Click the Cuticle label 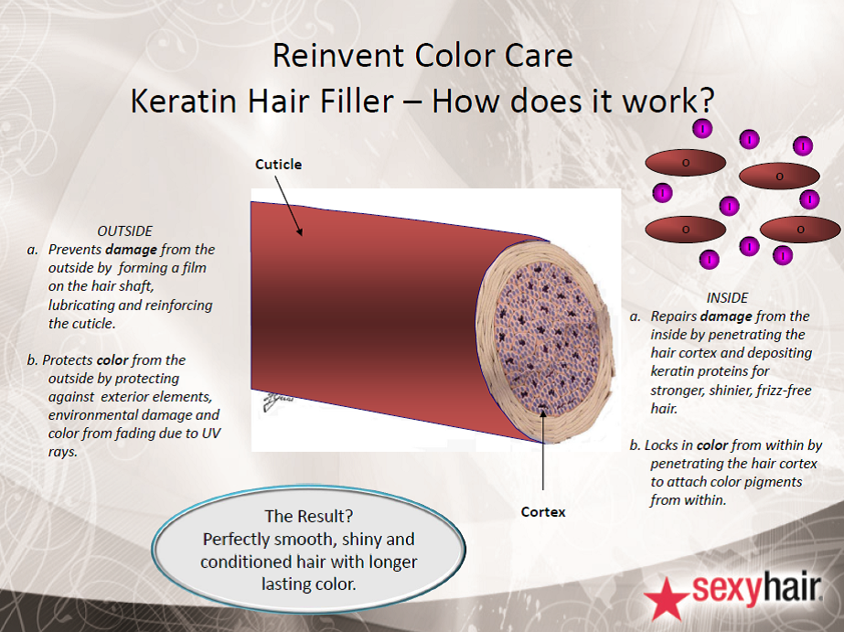click(278, 165)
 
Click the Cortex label click(543, 512)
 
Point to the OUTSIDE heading click(125, 231)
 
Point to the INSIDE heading click(727, 298)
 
